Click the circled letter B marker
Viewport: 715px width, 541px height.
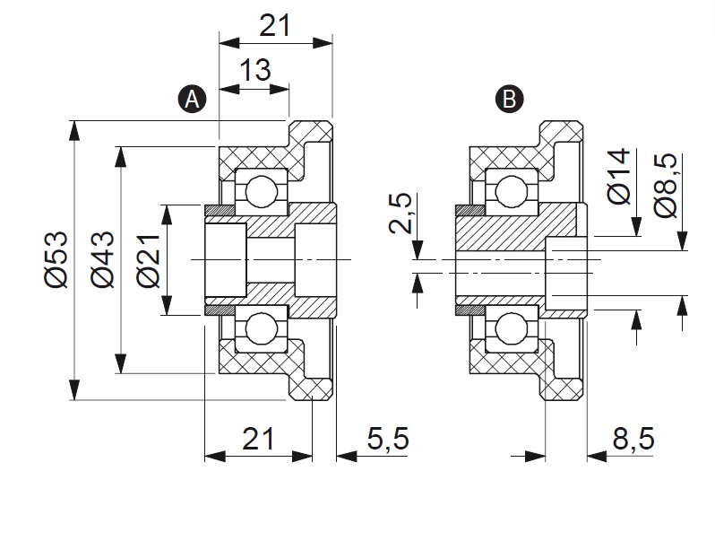click(x=510, y=99)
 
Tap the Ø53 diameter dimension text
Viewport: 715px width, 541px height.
click(x=56, y=259)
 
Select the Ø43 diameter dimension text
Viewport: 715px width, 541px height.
click(x=102, y=259)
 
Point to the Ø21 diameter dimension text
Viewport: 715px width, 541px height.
click(x=148, y=259)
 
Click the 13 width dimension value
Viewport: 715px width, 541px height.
click(x=254, y=69)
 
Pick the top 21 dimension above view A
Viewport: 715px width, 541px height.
click(x=275, y=26)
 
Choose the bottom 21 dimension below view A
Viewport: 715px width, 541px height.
click(x=258, y=439)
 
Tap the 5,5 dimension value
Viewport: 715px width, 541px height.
click(x=388, y=439)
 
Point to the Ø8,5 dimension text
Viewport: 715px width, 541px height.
click(x=668, y=183)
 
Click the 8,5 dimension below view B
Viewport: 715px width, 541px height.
click(x=633, y=439)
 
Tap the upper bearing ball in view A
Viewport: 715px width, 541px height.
click(x=263, y=191)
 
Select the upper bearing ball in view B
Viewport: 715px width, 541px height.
click(x=510, y=191)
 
